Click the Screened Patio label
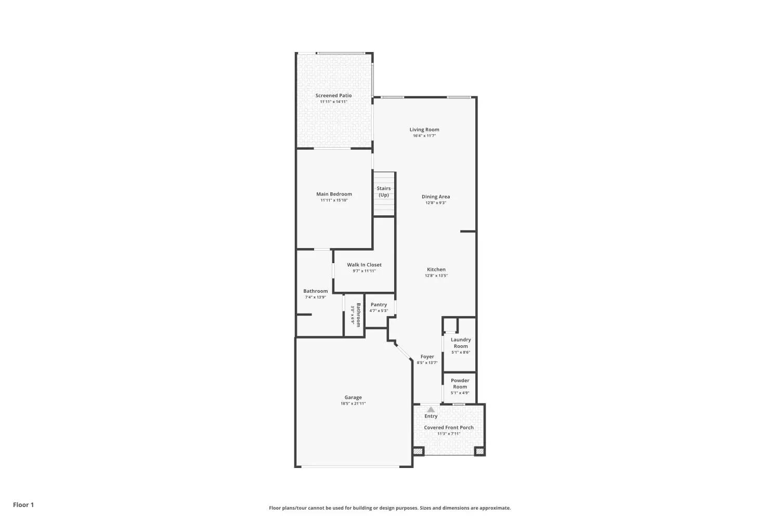pyautogui.click(x=333, y=96)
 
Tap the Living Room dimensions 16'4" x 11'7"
pyautogui.click(x=424, y=136)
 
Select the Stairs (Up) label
pyautogui.click(x=383, y=191)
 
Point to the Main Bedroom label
pyautogui.click(x=334, y=194)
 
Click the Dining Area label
pyautogui.click(x=436, y=197)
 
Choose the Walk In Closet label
pyautogui.click(x=364, y=265)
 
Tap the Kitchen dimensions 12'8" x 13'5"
pyautogui.click(x=436, y=276)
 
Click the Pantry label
pyautogui.click(x=379, y=304)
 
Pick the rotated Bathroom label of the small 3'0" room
pyautogui.click(x=358, y=315)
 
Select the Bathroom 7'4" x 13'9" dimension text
pyautogui.click(x=316, y=297)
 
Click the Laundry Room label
pyautogui.click(x=461, y=343)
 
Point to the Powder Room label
pyautogui.click(x=460, y=383)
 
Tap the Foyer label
pyautogui.click(x=427, y=357)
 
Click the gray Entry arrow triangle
pyautogui.click(x=431, y=410)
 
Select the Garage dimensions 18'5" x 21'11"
pyautogui.click(x=353, y=404)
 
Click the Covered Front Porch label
pyautogui.click(x=449, y=427)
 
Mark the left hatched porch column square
pyautogui.click(x=418, y=451)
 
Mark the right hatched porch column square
pyautogui.click(x=479, y=451)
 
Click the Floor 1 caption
pyautogui.click(x=23, y=505)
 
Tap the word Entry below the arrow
pyautogui.click(x=431, y=416)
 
